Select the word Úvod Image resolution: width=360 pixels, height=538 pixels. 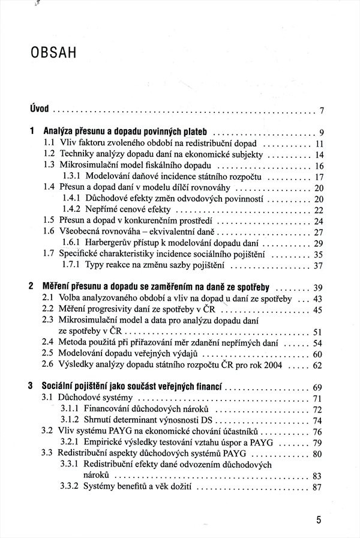38,109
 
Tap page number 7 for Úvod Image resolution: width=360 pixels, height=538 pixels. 322,110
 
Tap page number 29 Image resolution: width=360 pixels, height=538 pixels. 319,243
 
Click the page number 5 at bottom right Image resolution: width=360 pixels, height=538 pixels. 319,519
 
